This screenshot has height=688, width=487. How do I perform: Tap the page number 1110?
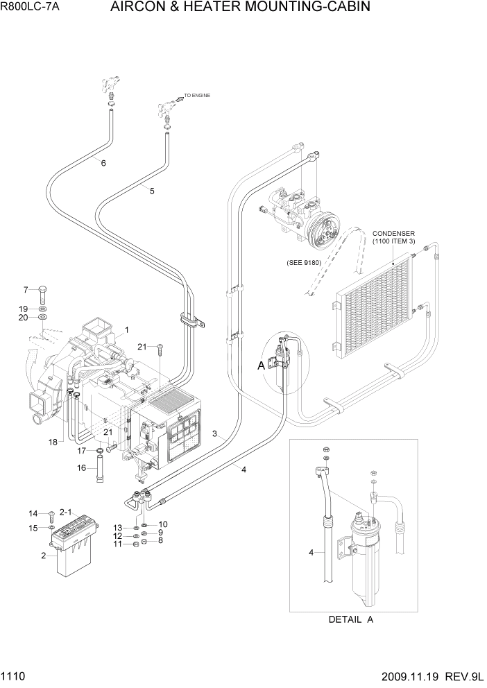14,675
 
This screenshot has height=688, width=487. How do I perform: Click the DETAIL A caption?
350,619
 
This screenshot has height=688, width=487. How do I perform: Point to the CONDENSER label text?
393,234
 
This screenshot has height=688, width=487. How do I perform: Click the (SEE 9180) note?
304,263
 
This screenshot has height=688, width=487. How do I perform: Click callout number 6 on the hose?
103,164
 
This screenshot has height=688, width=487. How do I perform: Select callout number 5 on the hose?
152,191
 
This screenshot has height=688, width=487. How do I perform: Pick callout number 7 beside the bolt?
26,289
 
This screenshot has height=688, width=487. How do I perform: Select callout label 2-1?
66,512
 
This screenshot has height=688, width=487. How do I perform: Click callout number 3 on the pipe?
216,434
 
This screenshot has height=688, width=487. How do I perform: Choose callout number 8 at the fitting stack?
161,540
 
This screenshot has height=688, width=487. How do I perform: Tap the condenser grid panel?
375,304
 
